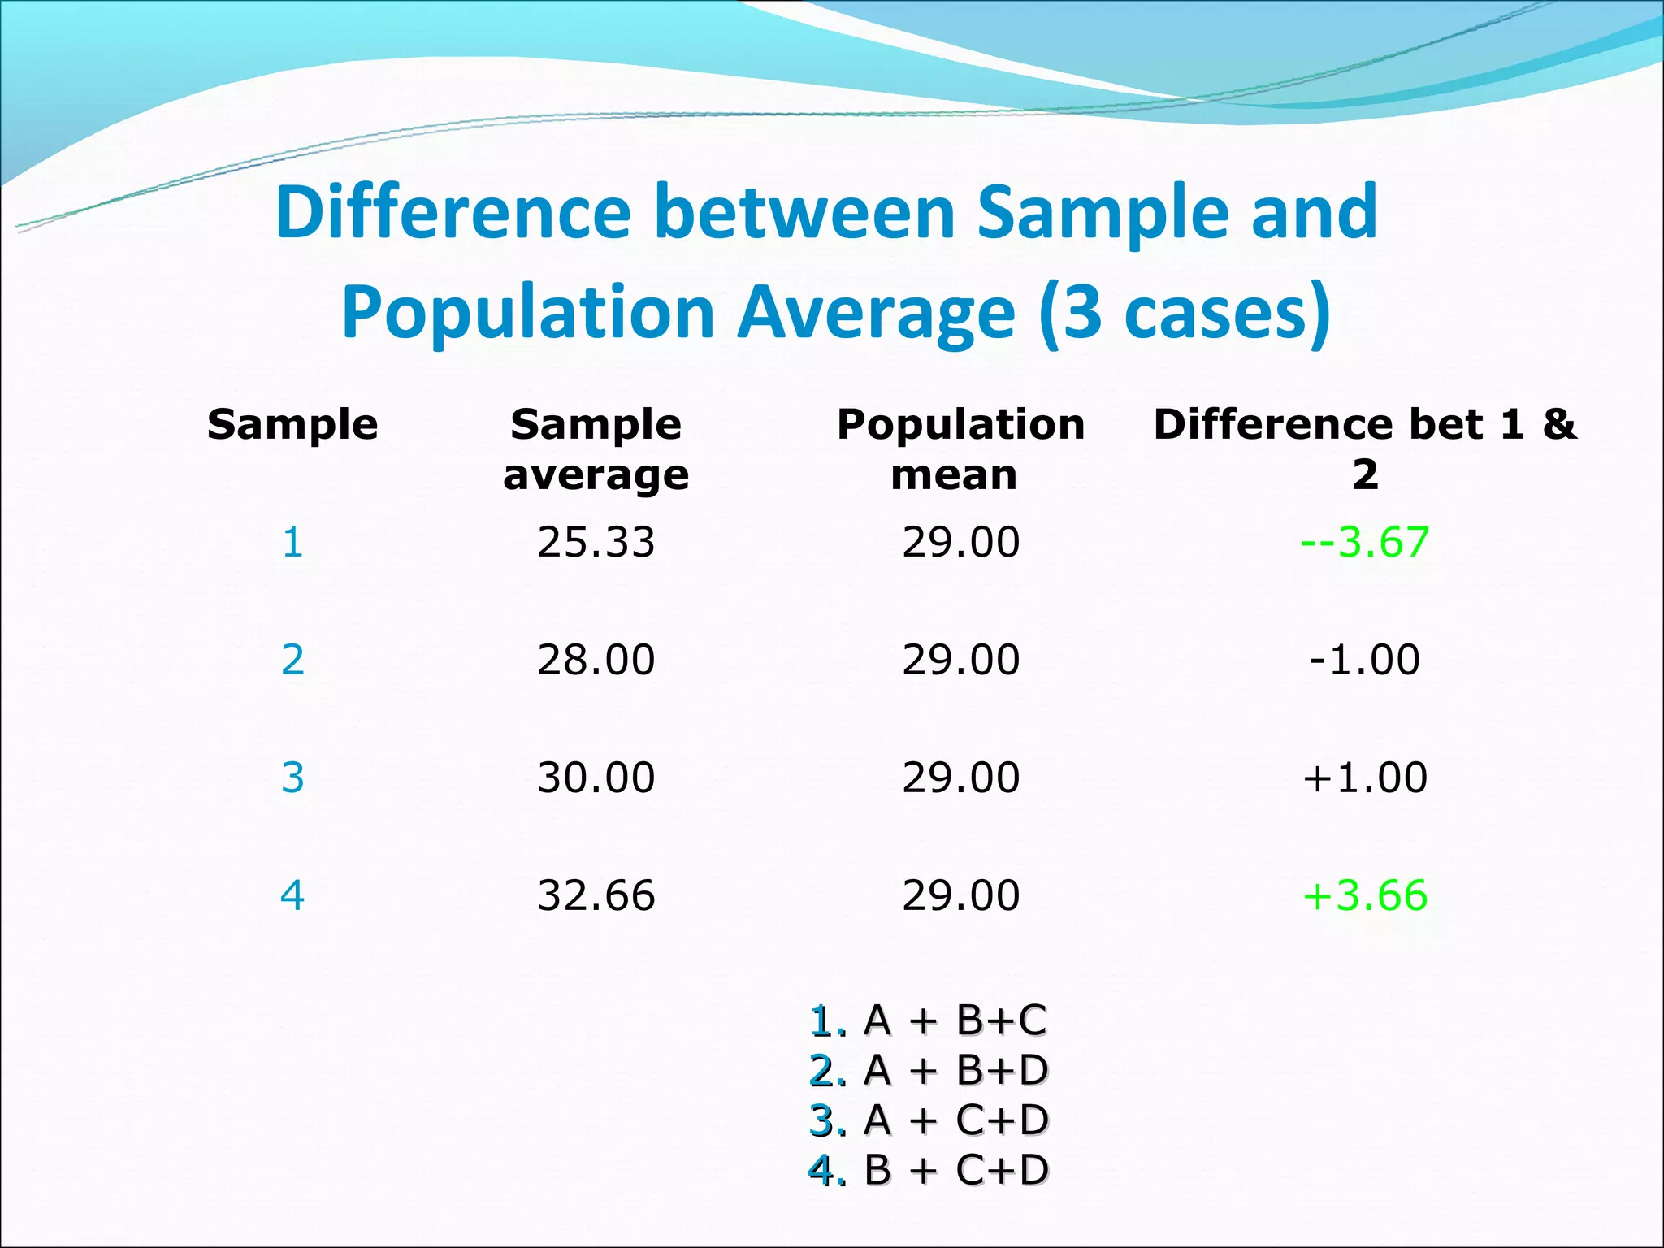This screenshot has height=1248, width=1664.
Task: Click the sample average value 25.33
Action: point(596,542)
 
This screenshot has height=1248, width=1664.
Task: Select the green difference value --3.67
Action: point(1364,542)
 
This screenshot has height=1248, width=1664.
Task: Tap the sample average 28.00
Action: point(596,659)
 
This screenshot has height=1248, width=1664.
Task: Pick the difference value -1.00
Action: point(1364,659)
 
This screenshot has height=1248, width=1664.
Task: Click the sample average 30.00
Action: point(596,777)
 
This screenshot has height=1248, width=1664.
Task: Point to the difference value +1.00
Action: point(1364,777)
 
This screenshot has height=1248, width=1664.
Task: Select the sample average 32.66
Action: point(596,895)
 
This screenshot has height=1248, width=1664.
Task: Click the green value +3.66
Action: point(1364,895)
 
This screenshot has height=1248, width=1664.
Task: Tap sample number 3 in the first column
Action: point(292,777)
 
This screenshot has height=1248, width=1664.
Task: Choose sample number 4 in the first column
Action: point(292,895)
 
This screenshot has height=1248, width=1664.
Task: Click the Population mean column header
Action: point(960,448)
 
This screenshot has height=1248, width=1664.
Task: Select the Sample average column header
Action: point(596,448)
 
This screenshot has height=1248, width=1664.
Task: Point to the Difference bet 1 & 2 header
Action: point(1364,448)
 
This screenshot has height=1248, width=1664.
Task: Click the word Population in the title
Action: point(528,314)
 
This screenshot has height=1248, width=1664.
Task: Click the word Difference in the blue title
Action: point(453,213)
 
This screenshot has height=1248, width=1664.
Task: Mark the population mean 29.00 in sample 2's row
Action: point(960,659)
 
